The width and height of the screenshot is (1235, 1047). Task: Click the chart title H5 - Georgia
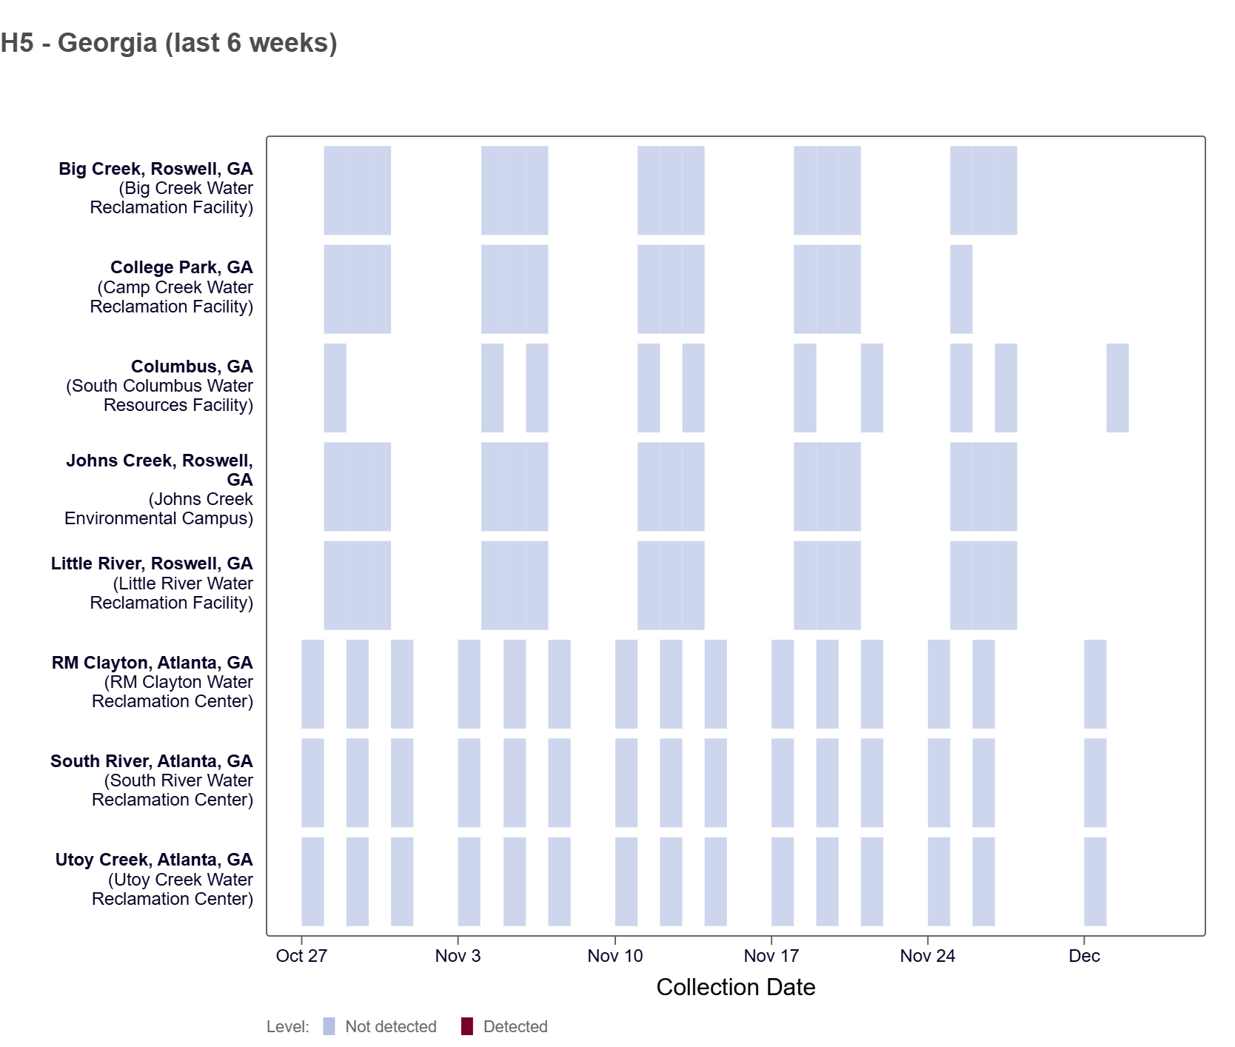169,43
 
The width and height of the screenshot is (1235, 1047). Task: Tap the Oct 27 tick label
301,956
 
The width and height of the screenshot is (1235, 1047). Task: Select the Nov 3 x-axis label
458,956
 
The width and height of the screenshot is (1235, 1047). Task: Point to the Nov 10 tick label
615,956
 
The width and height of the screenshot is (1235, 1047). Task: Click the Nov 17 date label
771,956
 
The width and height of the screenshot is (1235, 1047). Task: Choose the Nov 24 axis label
927,956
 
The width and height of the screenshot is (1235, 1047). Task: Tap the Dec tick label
1084,956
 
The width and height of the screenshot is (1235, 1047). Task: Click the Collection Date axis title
735,987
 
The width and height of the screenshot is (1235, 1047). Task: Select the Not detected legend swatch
329,1026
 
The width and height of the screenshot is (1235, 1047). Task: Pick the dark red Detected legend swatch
467,1026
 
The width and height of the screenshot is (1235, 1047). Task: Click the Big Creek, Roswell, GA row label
156,169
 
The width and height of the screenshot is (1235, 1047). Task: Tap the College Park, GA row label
181,267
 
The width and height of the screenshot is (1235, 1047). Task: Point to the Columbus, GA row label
192,367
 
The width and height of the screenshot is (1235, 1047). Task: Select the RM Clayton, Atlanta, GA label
153,663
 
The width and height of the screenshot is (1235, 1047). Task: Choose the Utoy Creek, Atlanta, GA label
154,860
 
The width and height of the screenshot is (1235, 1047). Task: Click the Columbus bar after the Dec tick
1117,388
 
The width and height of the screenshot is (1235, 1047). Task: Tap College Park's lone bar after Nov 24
961,289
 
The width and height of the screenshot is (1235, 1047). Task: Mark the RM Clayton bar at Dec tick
1095,684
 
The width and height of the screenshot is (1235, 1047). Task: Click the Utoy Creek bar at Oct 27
312,881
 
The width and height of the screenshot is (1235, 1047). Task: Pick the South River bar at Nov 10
626,783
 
